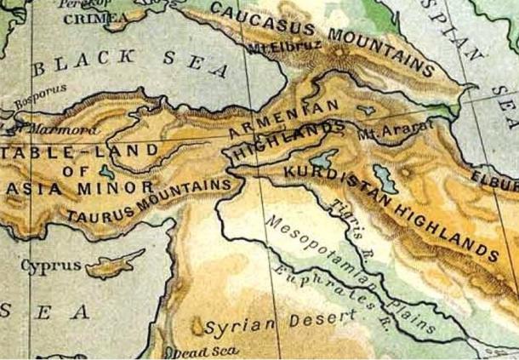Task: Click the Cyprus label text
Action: [x=51, y=266]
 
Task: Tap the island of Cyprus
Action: [x=113, y=263]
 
